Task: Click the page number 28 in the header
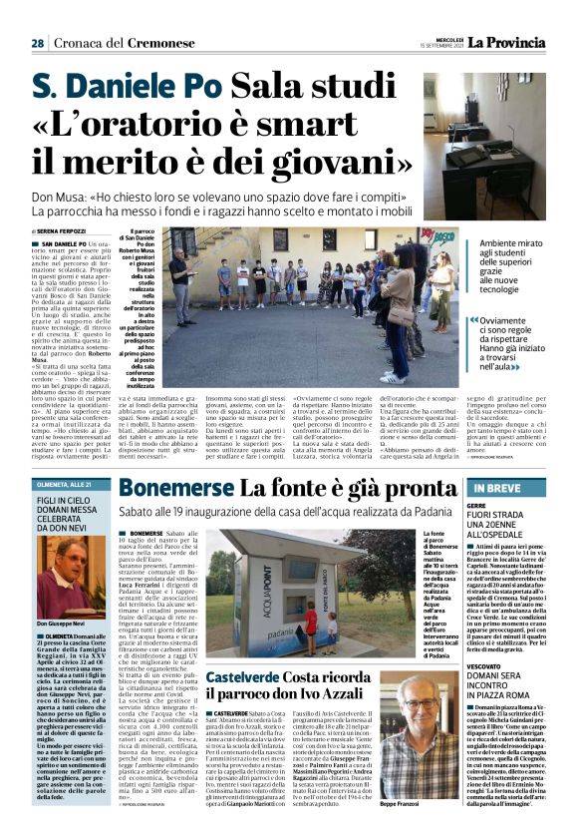[37, 43]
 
